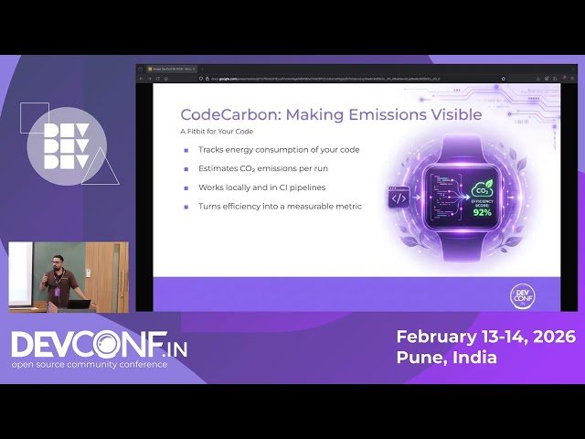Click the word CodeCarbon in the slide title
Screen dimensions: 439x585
(x=218, y=115)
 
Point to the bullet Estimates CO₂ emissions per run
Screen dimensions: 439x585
(x=262, y=168)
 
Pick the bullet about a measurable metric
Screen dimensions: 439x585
(x=280, y=207)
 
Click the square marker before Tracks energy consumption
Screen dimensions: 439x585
(x=186, y=149)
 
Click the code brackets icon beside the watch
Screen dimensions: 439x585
(x=399, y=198)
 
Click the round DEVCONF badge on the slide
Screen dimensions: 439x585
(x=522, y=294)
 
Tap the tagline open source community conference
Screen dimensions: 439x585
(x=90, y=365)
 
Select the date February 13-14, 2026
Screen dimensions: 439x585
(x=485, y=337)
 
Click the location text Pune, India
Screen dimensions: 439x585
(x=446, y=358)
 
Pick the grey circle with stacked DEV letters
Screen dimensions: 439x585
(x=67, y=146)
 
